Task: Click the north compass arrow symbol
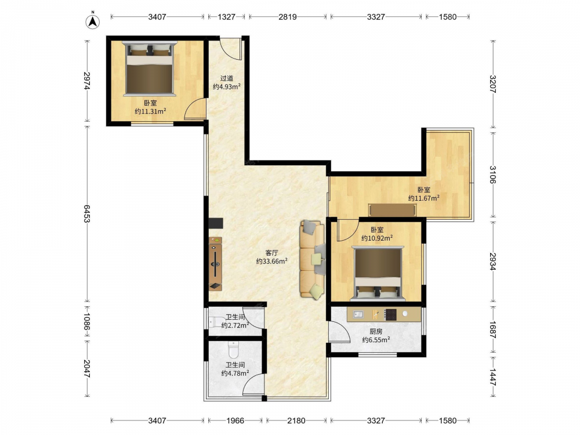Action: click(x=93, y=21)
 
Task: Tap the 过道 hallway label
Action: click(x=227, y=78)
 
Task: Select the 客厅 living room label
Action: click(x=272, y=253)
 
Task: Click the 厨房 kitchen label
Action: click(x=376, y=331)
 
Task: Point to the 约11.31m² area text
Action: click(x=150, y=111)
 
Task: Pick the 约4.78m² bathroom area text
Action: click(x=235, y=373)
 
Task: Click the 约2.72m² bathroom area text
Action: click(x=235, y=325)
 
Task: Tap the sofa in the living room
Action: click(x=313, y=259)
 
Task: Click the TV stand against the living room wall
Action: click(x=215, y=264)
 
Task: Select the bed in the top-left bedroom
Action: click(x=150, y=69)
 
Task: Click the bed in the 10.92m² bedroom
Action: click(x=378, y=273)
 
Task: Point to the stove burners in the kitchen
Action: click(x=390, y=314)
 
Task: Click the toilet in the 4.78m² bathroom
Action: click(x=233, y=349)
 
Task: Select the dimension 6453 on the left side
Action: click(x=86, y=214)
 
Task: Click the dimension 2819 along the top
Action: click(x=288, y=17)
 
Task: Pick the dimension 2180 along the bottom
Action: click(x=296, y=420)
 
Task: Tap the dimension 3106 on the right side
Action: click(x=492, y=174)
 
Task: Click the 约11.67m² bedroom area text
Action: click(x=424, y=198)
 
